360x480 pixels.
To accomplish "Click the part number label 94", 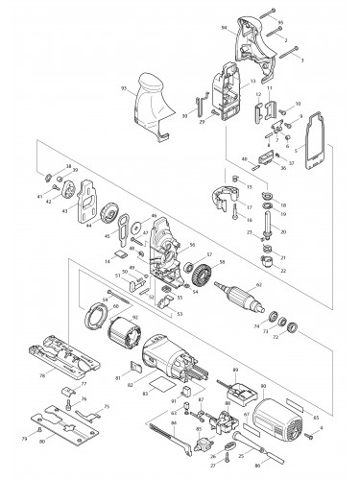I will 225,29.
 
